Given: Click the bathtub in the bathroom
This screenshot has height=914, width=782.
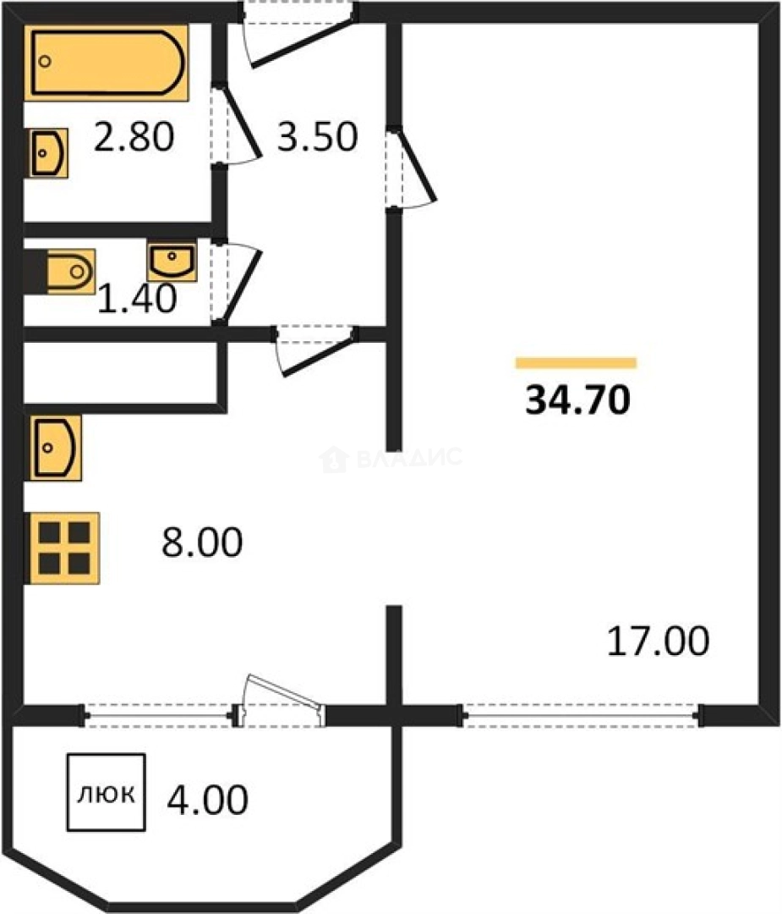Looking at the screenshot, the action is [x=107, y=63].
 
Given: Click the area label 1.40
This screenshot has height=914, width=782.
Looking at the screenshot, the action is [x=137, y=299].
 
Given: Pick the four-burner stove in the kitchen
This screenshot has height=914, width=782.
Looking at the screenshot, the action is [x=64, y=548].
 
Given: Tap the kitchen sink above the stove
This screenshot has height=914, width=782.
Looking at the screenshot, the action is [x=55, y=448].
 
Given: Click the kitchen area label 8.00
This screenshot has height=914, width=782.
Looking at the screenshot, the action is [x=202, y=542].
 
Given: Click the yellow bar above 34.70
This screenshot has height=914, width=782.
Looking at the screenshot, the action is [x=576, y=363].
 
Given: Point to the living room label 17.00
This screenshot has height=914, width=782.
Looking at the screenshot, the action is [x=658, y=641].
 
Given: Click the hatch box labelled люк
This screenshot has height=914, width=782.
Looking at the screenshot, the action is [x=106, y=792].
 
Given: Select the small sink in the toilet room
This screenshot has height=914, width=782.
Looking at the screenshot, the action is [x=172, y=262].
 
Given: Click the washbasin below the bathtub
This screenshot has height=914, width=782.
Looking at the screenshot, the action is [x=48, y=153].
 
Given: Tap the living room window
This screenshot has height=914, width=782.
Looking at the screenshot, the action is [x=581, y=715].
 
